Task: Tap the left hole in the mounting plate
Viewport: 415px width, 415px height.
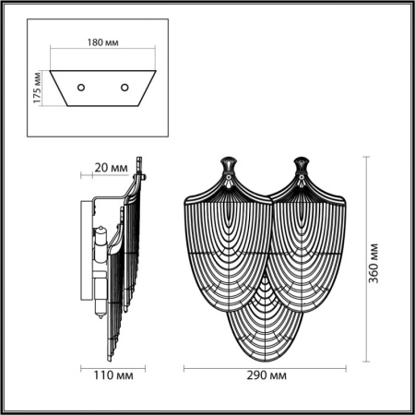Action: tap(80, 88)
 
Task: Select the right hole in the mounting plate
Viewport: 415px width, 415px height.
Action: tap(125, 88)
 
